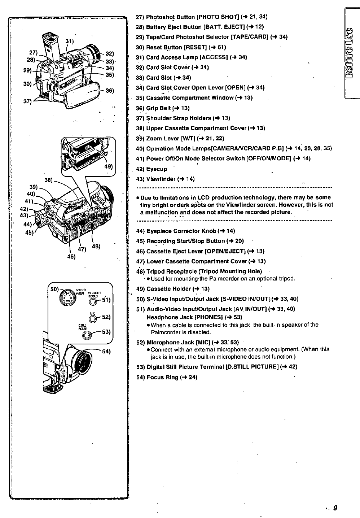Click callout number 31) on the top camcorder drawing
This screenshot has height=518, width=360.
[x=69, y=41]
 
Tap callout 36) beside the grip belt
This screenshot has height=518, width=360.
[x=110, y=91]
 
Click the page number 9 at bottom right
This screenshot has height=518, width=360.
[x=335, y=508]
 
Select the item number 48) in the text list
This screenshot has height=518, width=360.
[x=140, y=271]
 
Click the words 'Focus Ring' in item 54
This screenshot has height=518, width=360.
[x=161, y=377]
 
